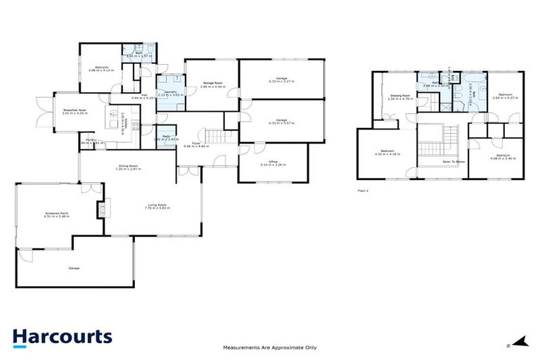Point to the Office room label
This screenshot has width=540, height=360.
click(274, 163)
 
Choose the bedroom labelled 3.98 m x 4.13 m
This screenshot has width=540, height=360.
click(101, 68)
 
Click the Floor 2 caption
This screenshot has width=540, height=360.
click(362, 191)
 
